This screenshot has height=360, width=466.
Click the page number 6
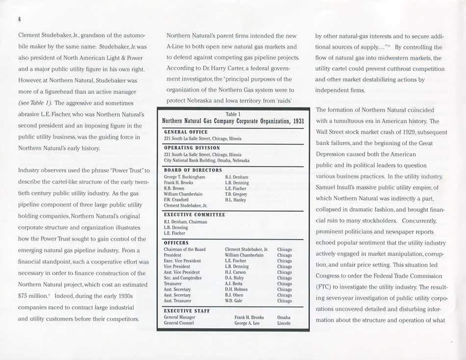coord(20,19)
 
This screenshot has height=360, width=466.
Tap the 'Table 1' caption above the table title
coord(233,114)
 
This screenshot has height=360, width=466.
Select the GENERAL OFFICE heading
coord(186,132)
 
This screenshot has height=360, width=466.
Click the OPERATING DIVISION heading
coord(192,148)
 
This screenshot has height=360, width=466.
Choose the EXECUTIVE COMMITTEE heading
coord(195,215)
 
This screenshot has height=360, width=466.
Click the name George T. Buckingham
coord(184,177)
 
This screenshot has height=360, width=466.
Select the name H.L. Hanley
coord(236,200)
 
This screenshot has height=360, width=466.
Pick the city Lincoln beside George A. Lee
coord(284,323)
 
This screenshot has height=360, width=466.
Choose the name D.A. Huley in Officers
coord(234,278)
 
